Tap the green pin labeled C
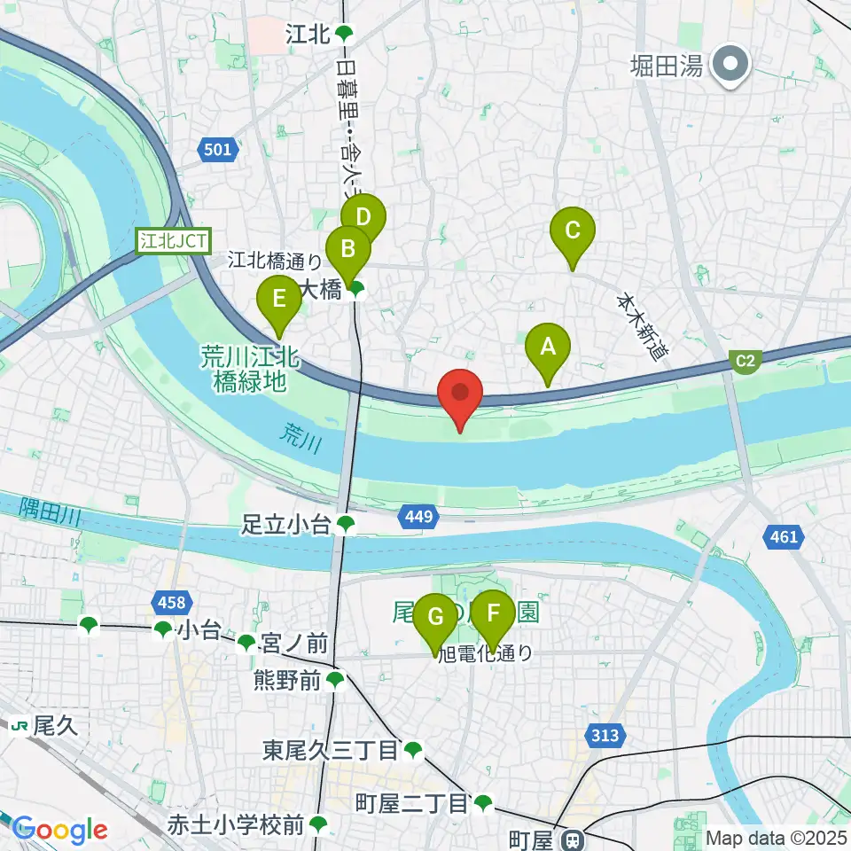tap(572, 232)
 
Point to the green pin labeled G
tap(435, 618)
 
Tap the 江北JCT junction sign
tap(173, 239)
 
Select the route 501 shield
tap(218, 150)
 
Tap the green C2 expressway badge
tap(746, 360)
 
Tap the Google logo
tap(60, 831)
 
